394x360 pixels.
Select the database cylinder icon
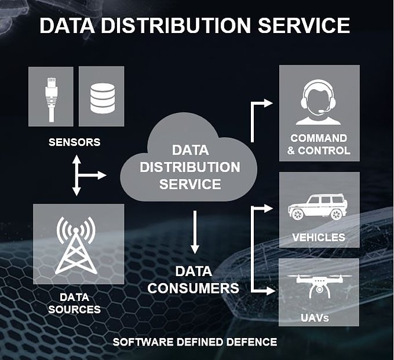tap(103, 98)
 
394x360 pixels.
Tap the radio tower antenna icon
tap(76, 245)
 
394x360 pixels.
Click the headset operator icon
tap(318, 103)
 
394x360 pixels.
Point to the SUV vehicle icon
tap(318, 207)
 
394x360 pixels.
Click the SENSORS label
tap(75, 142)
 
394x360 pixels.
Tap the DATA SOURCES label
tap(75, 303)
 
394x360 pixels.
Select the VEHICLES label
tap(319, 237)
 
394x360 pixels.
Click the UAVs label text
tap(315, 318)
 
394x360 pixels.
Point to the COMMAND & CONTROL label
tap(319, 145)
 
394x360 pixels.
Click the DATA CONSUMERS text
tap(193, 280)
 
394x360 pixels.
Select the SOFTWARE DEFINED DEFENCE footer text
tap(195, 342)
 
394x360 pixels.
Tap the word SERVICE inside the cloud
tap(190, 184)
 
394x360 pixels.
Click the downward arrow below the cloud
tap(195, 232)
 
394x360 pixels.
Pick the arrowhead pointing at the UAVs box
tap(270, 291)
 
